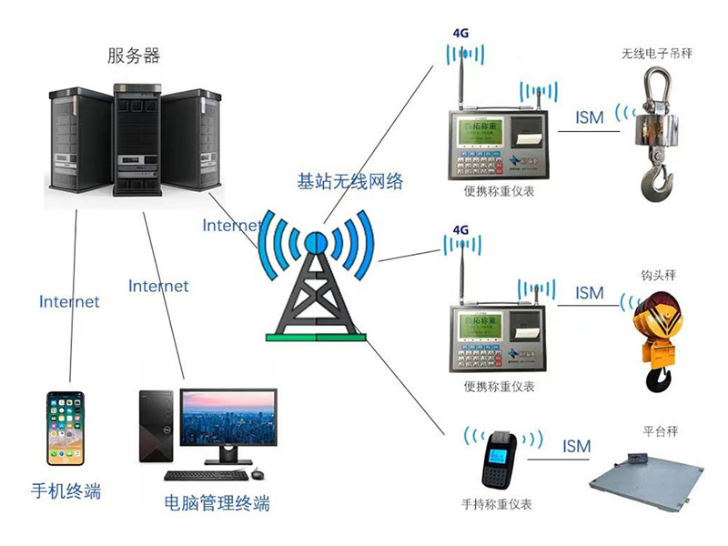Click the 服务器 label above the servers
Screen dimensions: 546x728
pyautogui.click(x=134, y=56)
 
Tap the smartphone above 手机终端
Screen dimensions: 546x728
pyautogui.click(x=66, y=428)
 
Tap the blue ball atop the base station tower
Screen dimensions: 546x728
pyautogui.click(x=315, y=242)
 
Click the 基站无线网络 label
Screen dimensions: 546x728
pyautogui.click(x=350, y=181)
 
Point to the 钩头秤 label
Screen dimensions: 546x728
pyautogui.click(x=659, y=274)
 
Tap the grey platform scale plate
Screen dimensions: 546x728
pyautogui.click(x=643, y=480)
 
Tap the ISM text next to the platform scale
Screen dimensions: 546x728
pyautogui.click(x=576, y=446)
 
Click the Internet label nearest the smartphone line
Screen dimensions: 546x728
pyautogui.click(x=69, y=301)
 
